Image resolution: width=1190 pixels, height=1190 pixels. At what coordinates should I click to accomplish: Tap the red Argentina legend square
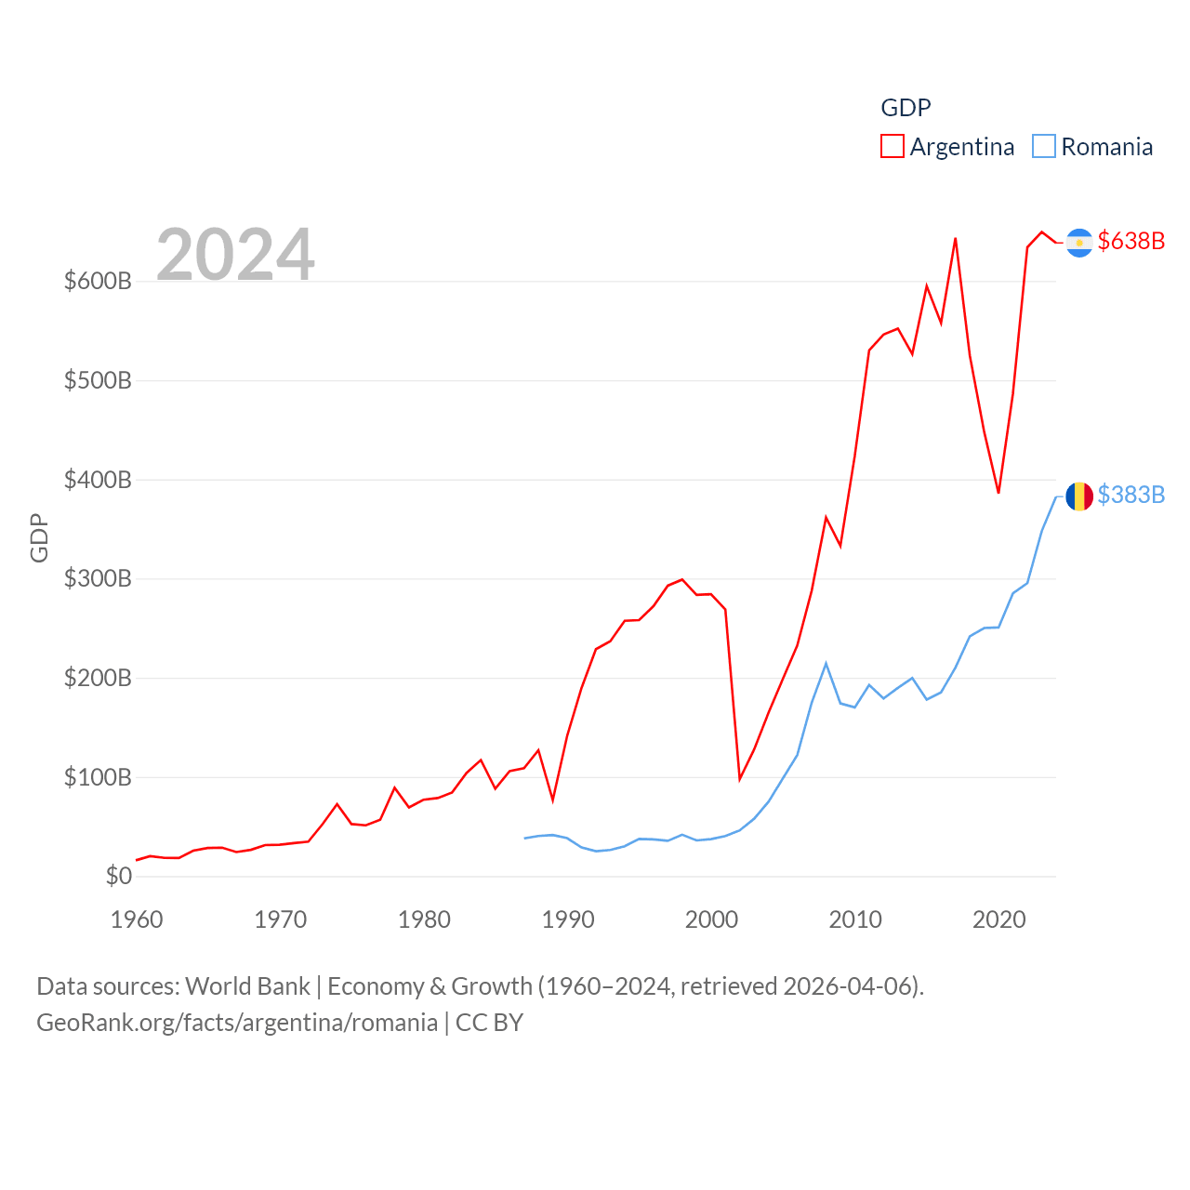(x=892, y=147)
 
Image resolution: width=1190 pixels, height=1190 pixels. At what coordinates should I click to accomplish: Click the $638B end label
(x=1130, y=241)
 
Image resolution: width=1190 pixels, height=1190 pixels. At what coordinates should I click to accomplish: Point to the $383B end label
(x=1130, y=495)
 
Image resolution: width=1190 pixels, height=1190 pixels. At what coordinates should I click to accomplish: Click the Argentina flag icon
(x=1079, y=243)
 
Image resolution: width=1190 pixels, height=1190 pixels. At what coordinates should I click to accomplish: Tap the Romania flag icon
(x=1079, y=496)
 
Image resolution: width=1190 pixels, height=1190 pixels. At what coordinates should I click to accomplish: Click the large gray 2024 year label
(x=235, y=254)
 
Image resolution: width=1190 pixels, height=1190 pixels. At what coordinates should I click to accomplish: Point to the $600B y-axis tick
(x=98, y=281)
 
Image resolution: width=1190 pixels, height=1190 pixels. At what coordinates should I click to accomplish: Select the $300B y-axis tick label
(x=98, y=578)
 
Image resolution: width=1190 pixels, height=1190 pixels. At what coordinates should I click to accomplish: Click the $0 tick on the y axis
(x=118, y=876)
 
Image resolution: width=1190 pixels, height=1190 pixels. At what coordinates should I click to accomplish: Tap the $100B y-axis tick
(x=98, y=777)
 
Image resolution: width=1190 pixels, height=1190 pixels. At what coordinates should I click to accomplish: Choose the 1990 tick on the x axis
(x=568, y=919)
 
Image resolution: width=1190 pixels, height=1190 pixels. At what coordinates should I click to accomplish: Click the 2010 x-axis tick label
(x=855, y=919)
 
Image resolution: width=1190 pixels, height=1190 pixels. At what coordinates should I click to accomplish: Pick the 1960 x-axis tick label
(x=137, y=919)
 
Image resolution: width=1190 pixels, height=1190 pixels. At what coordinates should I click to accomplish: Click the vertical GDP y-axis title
(x=39, y=537)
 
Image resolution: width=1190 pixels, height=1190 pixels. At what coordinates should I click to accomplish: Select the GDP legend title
(x=906, y=108)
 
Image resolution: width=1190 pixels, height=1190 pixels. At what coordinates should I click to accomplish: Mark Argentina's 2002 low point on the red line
(x=740, y=779)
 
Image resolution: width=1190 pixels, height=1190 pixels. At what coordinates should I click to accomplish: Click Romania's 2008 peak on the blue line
(x=826, y=664)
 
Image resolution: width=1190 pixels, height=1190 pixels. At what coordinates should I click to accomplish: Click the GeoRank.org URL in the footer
(x=237, y=1023)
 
